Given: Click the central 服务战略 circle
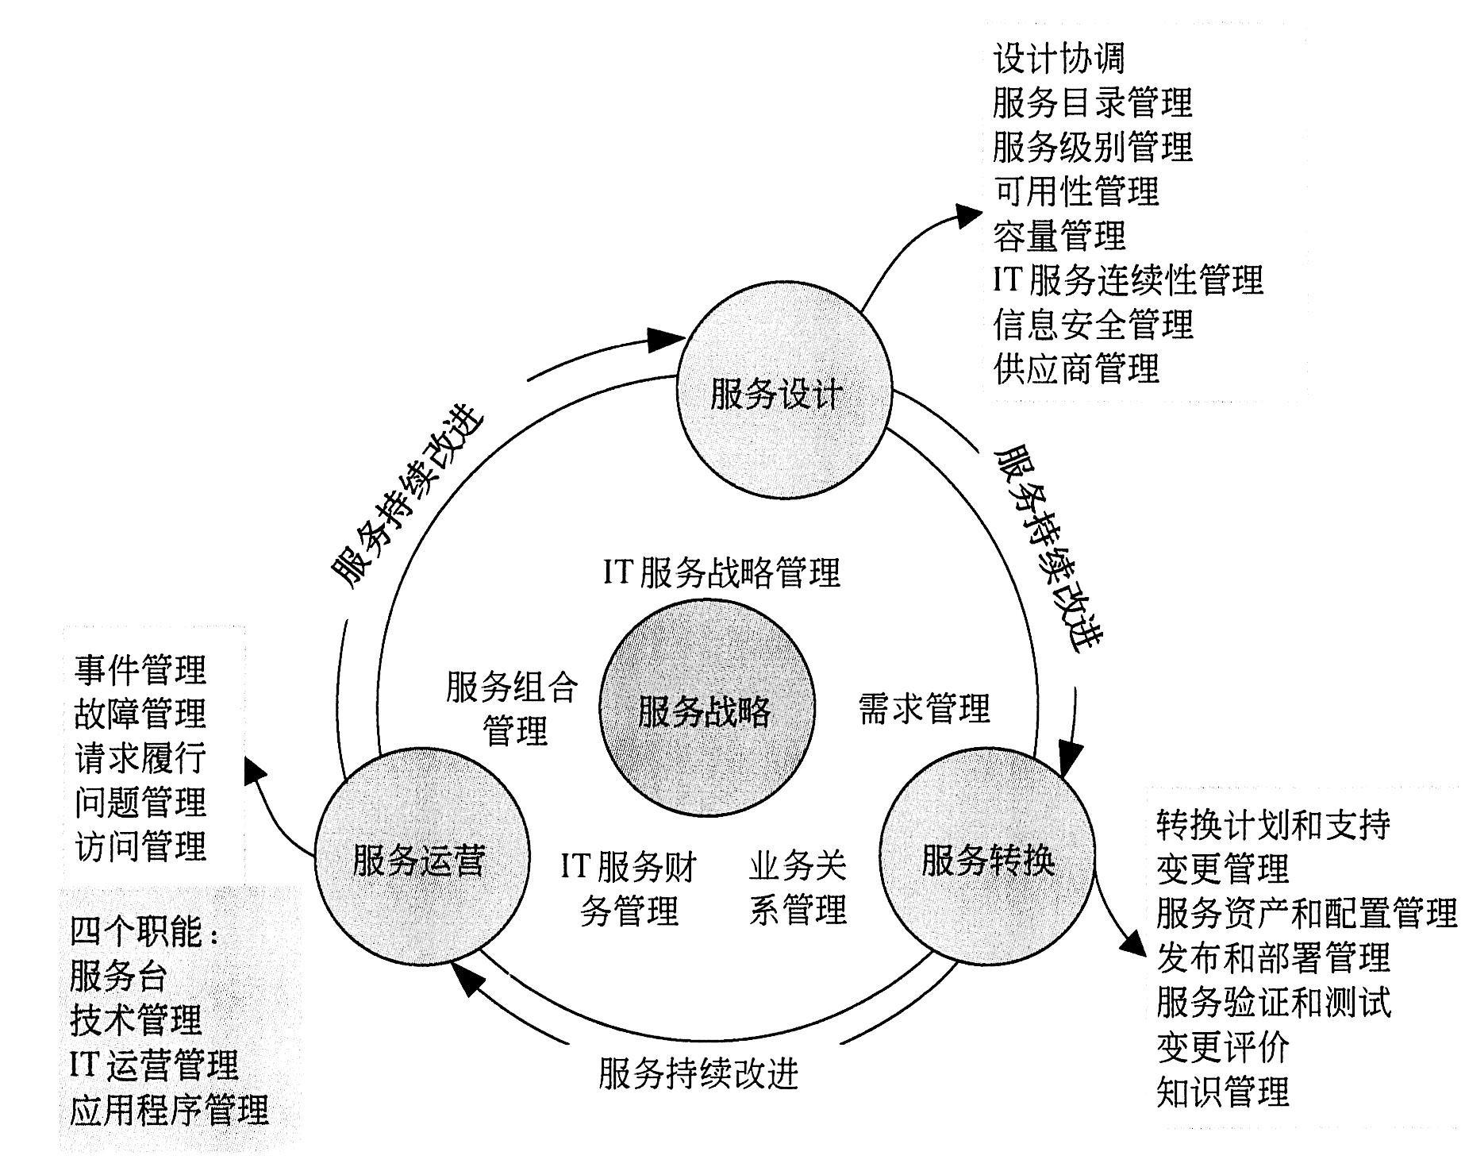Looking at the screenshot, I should [x=706, y=710].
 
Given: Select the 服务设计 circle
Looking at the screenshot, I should [x=782, y=394].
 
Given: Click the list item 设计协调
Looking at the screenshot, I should [x=1059, y=59].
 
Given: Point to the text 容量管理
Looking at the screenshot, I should [x=1059, y=235].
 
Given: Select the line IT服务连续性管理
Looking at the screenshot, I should [x=1127, y=279].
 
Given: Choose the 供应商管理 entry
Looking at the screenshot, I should [x=1076, y=368].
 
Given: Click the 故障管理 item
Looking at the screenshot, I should [x=140, y=714].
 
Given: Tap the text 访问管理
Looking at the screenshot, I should [x=140, y=846].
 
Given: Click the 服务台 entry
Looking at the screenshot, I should [x=118, y=976].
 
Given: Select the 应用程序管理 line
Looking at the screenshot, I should [x=169, y=1110].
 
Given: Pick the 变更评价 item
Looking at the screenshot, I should [x=1222, y=1047].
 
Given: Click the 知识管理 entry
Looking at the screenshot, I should [x=1222, y=1092].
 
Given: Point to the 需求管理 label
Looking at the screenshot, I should [x=924, y=707].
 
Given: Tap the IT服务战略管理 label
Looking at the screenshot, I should [x=721, y=572].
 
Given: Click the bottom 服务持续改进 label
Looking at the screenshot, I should [x=698, y=1074].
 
